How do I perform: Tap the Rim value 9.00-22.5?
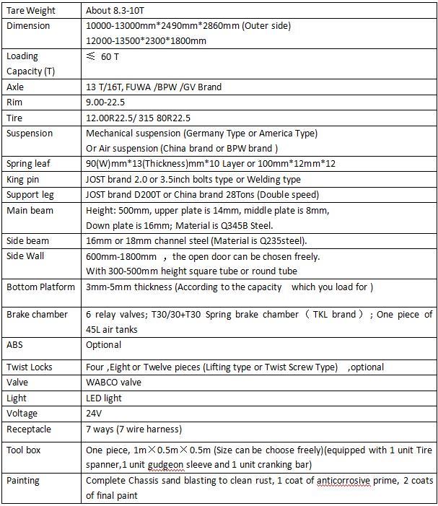pos(105,102)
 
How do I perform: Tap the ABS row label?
pos(15,345)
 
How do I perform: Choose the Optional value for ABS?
pos(104,345)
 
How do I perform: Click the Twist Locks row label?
pos(29,367)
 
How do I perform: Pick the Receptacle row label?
pos(28,429)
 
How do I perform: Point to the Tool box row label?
pos(23,450)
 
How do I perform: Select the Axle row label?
pos(15,87)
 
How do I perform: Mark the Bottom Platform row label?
pos(40,287)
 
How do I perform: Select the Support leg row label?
pos(29,195)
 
